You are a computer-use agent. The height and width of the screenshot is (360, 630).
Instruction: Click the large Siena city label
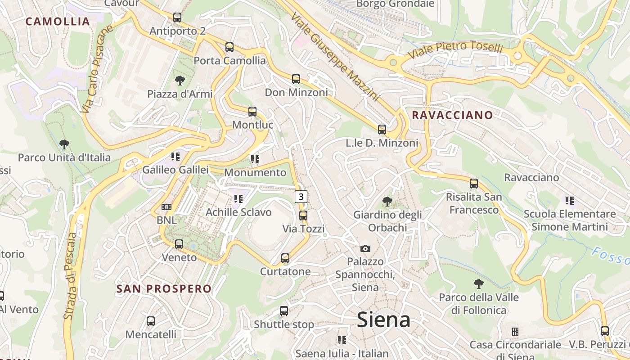point(383,320)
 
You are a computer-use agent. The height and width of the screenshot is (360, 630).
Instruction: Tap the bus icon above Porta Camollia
point(229,47)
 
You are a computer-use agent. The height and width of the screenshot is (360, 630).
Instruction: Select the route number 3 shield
point(301,197)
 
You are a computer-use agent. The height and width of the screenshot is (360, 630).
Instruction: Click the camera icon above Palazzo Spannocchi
point(365,248)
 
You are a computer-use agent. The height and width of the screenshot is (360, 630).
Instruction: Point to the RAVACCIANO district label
point(452,115)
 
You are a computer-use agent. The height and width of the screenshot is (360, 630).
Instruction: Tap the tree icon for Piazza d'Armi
point(180,81)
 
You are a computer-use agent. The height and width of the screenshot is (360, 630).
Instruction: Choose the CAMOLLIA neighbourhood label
point(58,21)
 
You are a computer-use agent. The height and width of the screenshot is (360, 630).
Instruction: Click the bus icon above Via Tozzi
point(303,216)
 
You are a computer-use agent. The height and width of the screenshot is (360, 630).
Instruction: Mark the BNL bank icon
point(166,207)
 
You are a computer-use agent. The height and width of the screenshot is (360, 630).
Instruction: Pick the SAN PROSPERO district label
point(164,289)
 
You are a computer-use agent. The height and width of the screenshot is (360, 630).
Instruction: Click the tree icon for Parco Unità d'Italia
point(64,144)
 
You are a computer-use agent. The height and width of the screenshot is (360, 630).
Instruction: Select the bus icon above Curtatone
point(285,258)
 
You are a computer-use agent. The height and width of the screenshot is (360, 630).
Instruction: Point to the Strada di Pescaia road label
point(70,276)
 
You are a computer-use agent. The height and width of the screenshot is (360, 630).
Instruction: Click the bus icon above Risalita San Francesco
point(474,184)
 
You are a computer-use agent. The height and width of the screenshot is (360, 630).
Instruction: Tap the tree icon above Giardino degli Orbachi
point(387,202)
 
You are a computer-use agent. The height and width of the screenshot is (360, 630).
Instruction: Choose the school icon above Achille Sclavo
point(238,198)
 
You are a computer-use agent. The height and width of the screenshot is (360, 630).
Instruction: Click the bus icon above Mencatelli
point(151,321)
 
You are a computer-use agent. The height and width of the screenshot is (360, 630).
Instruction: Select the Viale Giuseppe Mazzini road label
point(335,56)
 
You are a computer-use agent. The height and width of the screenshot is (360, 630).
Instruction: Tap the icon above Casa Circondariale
point(515,332)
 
